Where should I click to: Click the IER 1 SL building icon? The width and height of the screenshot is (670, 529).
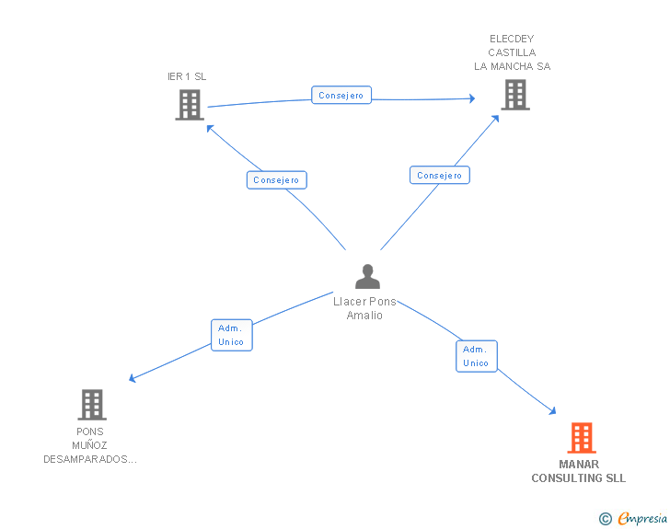(189, 105)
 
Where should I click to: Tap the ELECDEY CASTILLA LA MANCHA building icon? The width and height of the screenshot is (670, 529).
(514, 94)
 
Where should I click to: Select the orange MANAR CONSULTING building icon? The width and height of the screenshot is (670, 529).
(581, 438)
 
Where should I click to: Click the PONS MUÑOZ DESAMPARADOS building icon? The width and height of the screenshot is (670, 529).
(91, 404)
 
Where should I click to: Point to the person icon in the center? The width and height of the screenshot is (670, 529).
(367, 276)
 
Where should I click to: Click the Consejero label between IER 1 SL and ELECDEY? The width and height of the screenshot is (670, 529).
(341, 95)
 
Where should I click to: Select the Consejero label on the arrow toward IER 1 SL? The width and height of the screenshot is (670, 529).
(276, 180)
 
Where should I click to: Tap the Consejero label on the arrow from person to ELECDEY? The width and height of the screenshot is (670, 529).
(439, 175)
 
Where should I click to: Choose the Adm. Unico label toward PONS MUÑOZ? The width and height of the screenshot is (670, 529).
(231, 335)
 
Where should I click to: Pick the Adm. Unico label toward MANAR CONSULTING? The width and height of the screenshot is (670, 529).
(476, 356)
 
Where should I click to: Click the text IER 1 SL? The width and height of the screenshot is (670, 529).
(187, 76)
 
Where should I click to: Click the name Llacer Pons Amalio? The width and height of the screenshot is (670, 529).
(364, 308)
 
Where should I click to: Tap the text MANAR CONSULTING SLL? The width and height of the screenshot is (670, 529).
(578, 471)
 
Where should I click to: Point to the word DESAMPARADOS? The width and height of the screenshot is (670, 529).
(90, 459)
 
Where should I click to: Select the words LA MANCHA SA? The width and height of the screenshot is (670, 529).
(512, 66)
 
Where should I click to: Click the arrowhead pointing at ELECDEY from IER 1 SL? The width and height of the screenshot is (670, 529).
(471, 98)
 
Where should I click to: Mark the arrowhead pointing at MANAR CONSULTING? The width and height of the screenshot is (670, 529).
(552, 411)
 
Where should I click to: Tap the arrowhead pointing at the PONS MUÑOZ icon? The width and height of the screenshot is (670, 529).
(133, 378)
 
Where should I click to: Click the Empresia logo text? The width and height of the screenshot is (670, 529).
(642, 519)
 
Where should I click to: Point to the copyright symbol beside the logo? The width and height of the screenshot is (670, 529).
(605, 519)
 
